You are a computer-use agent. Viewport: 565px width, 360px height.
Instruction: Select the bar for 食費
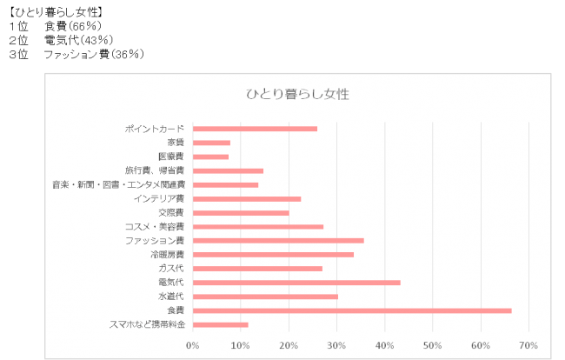(351, 310)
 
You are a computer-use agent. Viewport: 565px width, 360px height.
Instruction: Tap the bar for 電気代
(296, 283)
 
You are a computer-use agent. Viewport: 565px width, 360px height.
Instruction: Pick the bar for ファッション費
(277, 240)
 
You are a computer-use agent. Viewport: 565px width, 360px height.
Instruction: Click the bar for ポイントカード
(254, 129)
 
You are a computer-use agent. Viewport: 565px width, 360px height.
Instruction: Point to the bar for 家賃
(211, 143)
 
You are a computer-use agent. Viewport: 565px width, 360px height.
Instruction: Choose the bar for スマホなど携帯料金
(220, 324)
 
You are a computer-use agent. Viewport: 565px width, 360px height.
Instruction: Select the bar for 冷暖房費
(272, 254)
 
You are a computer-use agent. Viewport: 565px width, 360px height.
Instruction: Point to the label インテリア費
(159, 198)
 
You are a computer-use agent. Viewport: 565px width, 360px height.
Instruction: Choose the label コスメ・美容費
(155, 226)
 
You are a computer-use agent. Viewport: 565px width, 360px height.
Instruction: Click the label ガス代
(171, 269)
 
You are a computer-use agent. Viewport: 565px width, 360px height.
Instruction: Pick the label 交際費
(171, 212)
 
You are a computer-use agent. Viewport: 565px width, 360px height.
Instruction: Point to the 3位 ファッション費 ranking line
(76, 54)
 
